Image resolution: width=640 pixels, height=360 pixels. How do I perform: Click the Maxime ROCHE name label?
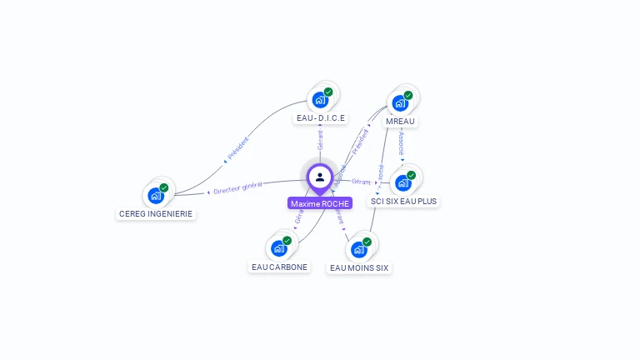[x=320, y=203]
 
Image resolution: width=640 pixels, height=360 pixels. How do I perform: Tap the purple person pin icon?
[x=320, y=177]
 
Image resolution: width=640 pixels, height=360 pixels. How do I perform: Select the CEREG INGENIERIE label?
[x=156, y=214]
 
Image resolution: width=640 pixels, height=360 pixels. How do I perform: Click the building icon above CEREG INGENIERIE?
[x=155, y=196]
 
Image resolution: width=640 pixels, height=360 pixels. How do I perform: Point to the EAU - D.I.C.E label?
[x=321, y=118]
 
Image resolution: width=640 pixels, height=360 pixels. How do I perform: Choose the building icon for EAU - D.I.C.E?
[x=319, y=100]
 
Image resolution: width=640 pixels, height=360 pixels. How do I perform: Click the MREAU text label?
[x=400, y=122]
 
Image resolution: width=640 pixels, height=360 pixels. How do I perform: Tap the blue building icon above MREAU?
[x=399, y=103]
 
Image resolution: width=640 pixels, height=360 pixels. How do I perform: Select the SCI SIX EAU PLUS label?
[x=404, y=202]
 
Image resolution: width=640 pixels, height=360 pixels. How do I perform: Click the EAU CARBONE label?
[x=279, y=267]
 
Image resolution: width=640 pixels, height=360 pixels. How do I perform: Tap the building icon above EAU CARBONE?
[x=278, y=248]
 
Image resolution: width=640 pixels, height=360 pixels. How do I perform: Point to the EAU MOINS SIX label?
[x=359, y=268]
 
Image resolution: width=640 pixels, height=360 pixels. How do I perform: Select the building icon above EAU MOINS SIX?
[x=358, y=249]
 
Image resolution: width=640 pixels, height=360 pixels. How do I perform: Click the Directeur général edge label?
[x=237, y=188]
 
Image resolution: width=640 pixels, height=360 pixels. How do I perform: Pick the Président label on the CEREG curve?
[x=237, y=147]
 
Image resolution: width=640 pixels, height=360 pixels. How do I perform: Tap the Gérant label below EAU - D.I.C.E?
[x=320, y=140]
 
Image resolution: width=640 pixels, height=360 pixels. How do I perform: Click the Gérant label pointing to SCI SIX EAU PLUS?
[x=361, y=182]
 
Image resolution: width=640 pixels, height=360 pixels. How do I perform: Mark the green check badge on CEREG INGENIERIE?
[x=164, y=187]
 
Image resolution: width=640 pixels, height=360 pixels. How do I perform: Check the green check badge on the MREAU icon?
[x=408, y=95]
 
